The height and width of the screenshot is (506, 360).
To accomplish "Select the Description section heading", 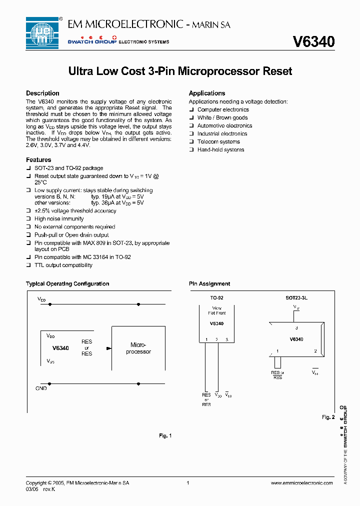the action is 42,93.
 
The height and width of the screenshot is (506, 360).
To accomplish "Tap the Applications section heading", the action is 207,93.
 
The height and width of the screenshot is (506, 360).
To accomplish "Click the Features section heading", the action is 38,160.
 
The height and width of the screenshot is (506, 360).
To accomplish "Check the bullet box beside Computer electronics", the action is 191,110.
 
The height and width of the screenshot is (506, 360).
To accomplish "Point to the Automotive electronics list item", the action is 224,126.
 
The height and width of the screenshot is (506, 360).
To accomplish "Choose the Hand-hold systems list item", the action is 220,150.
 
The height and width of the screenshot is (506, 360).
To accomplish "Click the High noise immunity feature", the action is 59,219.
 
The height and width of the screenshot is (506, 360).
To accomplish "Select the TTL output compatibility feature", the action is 63,265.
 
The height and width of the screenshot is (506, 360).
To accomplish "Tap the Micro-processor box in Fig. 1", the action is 138,348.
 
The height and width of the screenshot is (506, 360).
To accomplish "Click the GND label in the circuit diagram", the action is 41,388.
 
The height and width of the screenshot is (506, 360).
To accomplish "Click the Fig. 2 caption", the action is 328,417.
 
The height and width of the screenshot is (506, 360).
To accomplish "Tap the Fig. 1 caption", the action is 165,436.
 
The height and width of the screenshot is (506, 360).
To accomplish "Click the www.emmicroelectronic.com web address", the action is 301,483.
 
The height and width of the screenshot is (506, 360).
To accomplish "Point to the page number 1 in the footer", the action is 187,483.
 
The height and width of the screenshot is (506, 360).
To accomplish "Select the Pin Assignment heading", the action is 209,284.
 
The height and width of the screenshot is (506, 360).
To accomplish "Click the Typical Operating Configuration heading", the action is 67,284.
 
